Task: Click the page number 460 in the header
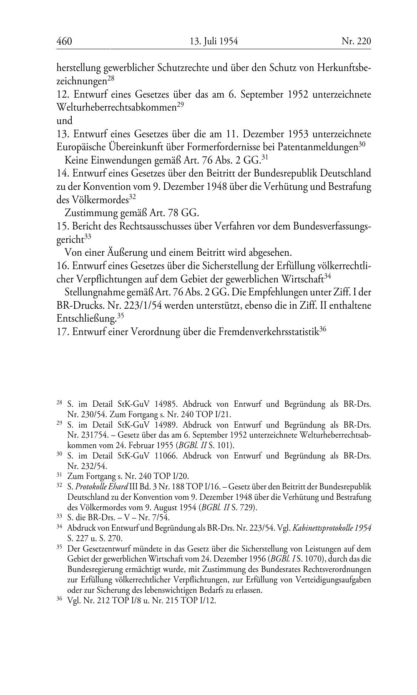(64, 41)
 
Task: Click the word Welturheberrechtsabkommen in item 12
(116, 108)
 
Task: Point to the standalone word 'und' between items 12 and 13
(64, 121)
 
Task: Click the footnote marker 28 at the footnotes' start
(59, 403)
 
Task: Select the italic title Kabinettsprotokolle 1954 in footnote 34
(332, 528)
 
